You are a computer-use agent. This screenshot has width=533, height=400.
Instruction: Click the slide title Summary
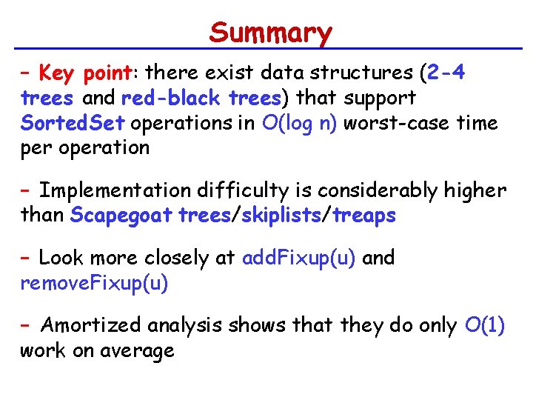(x=271, y=33)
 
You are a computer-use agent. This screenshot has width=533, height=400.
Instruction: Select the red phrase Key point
(x=85, y=73)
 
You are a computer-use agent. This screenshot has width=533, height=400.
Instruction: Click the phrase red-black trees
(x=201, y=98)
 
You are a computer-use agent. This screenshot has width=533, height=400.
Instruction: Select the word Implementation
(x=105, y=191)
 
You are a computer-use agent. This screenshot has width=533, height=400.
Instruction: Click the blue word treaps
(x=364, y=216)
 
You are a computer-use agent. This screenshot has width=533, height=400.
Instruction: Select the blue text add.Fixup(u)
(x=299, y=258)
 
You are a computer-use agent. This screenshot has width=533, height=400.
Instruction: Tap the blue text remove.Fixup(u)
(x=95, y=282)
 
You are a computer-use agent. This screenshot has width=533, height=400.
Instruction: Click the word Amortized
(x=93, y=325)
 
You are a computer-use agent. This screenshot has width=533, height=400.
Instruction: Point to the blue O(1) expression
(x=485, y=325)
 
